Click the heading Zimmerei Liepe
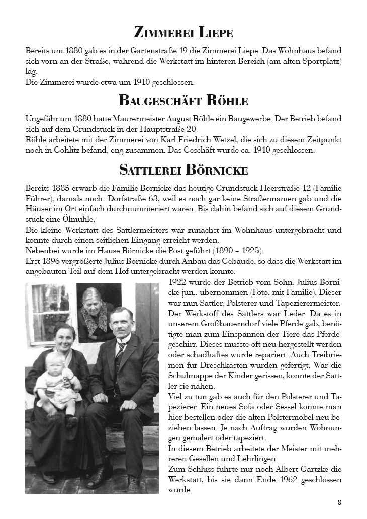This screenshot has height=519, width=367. coord(183,33)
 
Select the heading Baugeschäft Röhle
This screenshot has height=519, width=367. coord(183,100)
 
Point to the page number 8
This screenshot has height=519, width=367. coord(340,502)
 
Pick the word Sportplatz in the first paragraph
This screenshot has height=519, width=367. coord(320,61)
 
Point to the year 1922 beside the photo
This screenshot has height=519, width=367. coord(178,281)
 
